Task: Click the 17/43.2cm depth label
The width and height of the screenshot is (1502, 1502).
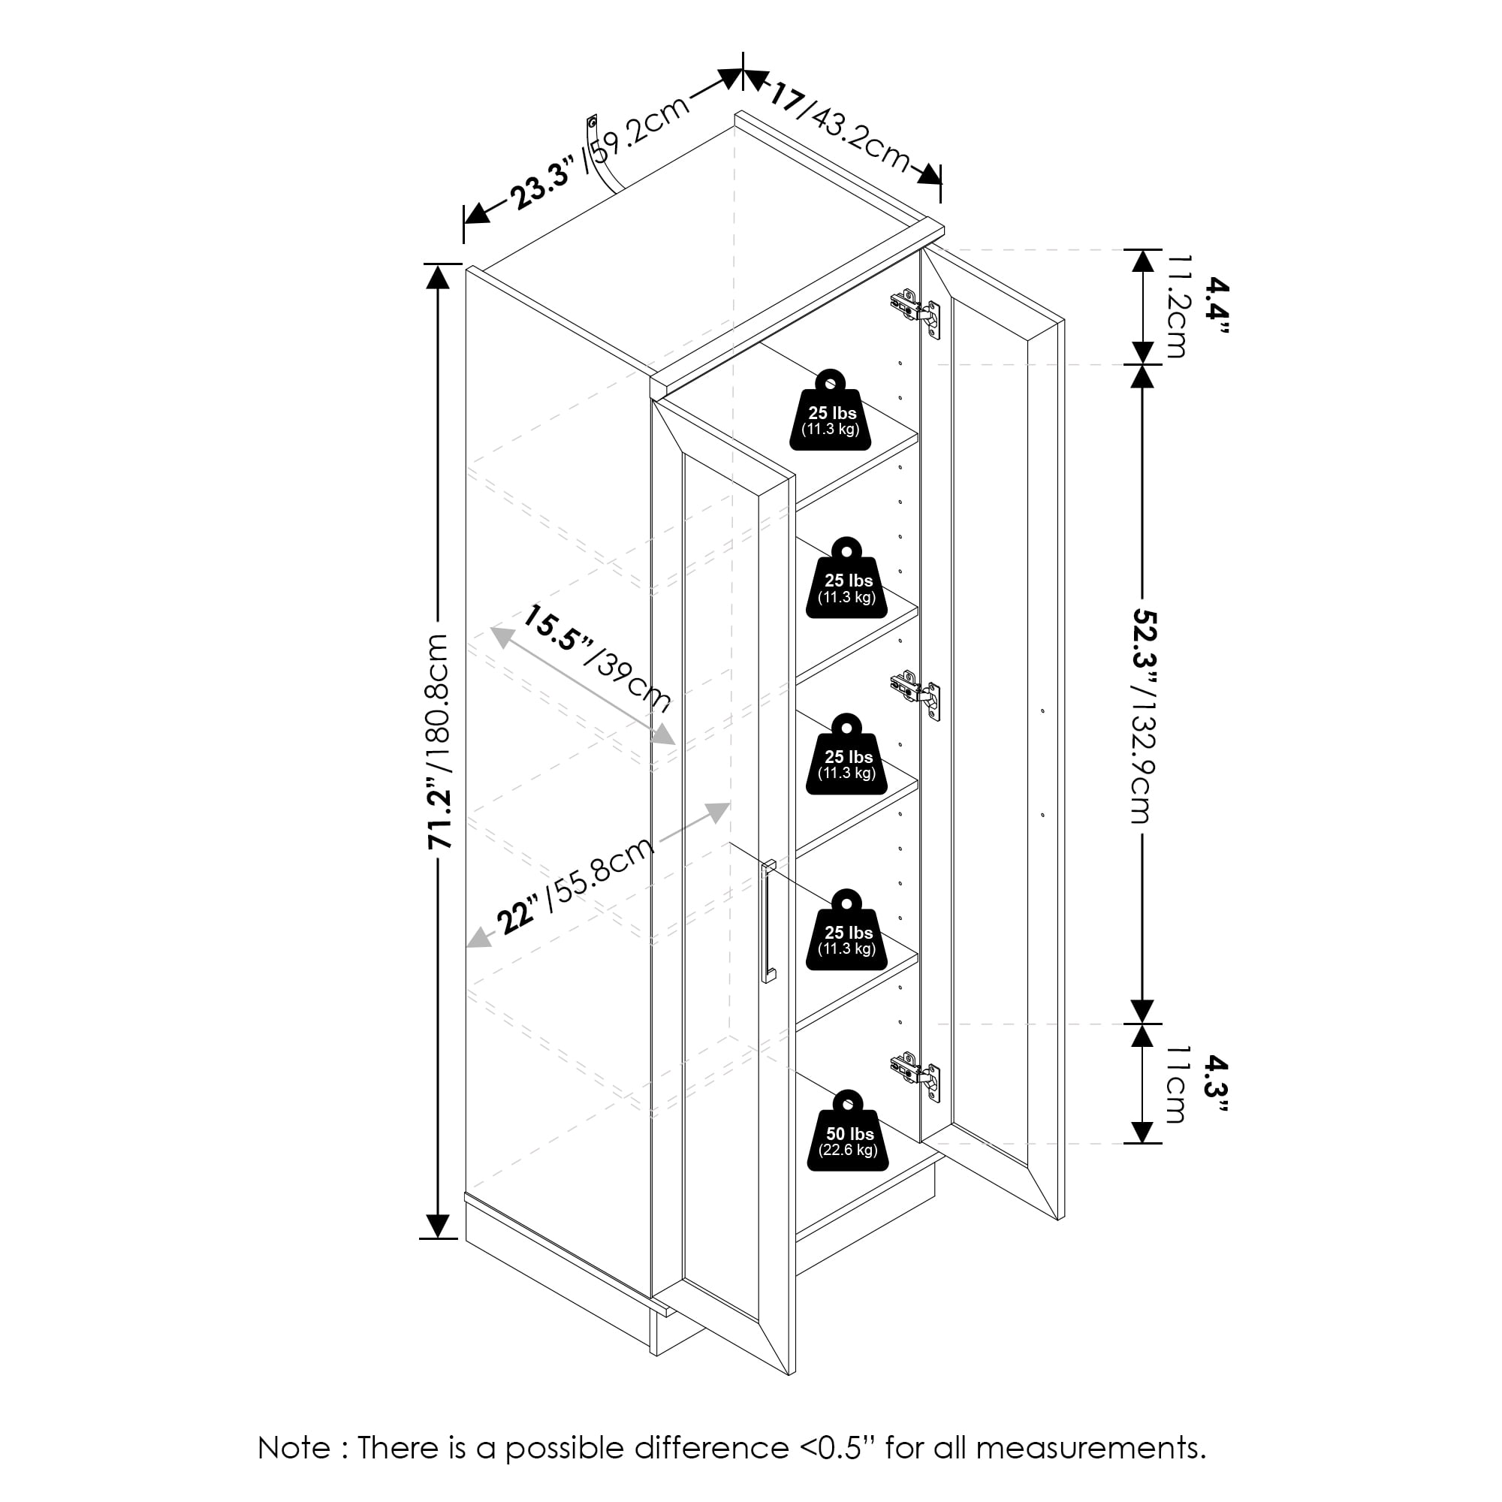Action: (839, 129)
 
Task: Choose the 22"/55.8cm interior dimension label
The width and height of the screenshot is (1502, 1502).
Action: (575, 887)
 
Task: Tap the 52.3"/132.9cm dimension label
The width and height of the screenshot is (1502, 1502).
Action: (1143, 715)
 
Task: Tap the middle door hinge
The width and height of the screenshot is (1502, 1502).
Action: (915, 695)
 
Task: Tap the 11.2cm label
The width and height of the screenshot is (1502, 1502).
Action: (1176, 306)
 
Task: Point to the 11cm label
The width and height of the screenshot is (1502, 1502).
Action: (1175, 1085)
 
